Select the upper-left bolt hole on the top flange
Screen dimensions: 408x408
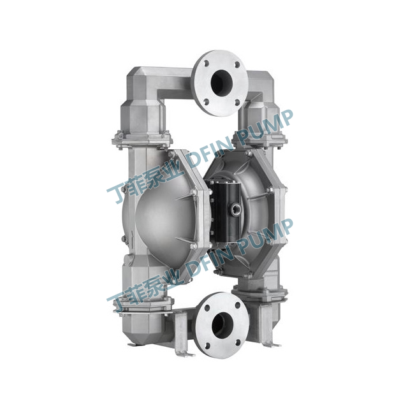(x=207, y=64)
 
